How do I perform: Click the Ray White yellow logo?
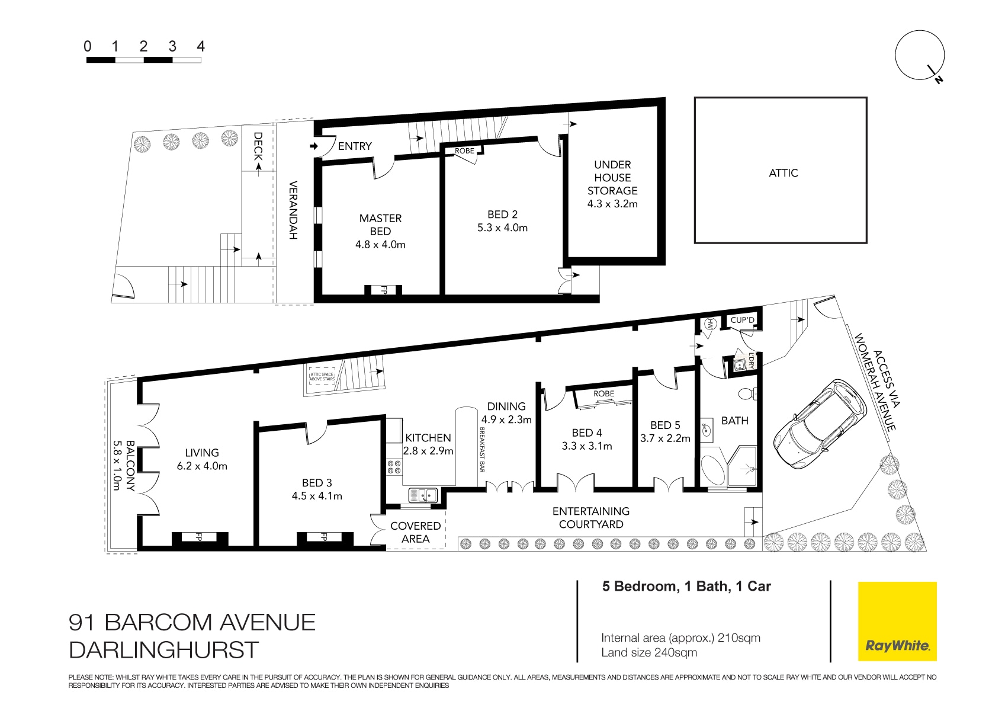(x=897, y=622)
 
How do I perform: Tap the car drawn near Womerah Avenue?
(x=820, y=422)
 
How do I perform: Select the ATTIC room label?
(x=783, y=173)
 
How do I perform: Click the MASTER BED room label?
(x=380, y=225)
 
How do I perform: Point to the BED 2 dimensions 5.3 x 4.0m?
(x=502, y=228)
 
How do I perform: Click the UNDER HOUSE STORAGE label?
(x=612, y=178)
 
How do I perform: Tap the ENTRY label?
(x=355, y=146)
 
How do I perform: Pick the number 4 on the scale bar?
(x=201, y=47)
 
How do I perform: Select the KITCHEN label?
(x=428, y=438)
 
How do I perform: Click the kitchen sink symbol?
(x=423, y=495)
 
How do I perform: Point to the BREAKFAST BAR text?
(x=481, y=449)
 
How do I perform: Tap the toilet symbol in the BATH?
(x=746, y=393)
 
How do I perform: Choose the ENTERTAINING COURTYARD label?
(x=590, y=518)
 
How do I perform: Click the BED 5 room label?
(x=665, y=425)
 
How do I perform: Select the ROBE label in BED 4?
(x=603, y=394)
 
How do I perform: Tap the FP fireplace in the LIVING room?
(x=199, y=538)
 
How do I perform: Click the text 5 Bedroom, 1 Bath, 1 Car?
(x=686, y=587)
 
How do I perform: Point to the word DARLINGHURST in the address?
(x=164, y=651)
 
